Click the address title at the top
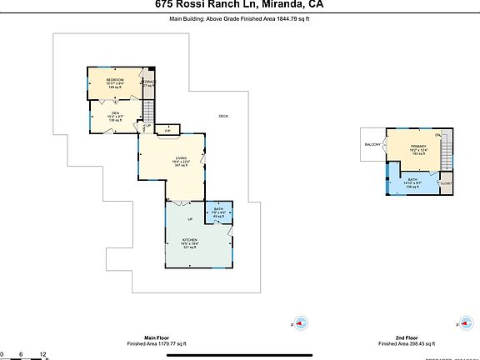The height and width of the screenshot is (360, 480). coord(240,4)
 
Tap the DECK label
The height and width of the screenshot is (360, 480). coord(223,116)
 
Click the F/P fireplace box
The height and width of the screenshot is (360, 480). coord(167,131)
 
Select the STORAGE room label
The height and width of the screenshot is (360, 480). coord(148,82)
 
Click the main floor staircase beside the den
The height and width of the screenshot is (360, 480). coord(148,111)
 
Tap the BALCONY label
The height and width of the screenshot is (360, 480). coord(372,145)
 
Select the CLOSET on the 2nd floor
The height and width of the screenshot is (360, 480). coord(446,183)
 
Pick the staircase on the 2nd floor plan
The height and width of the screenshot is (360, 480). coord(446,153)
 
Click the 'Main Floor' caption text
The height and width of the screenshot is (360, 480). coord(157,337)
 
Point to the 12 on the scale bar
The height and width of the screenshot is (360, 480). coord(42,353)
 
